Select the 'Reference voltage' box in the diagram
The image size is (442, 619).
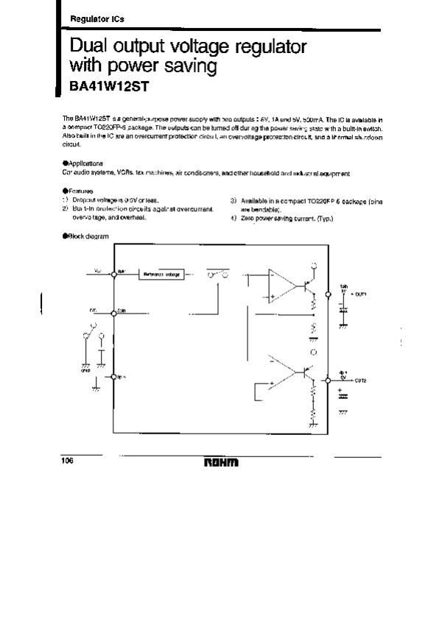click(162, 274)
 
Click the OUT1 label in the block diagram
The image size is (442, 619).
click(360, 293)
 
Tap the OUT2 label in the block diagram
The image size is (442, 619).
click(360, 381)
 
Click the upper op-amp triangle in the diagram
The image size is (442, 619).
click(281, 286)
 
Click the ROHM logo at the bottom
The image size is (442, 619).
click(222, 464)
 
